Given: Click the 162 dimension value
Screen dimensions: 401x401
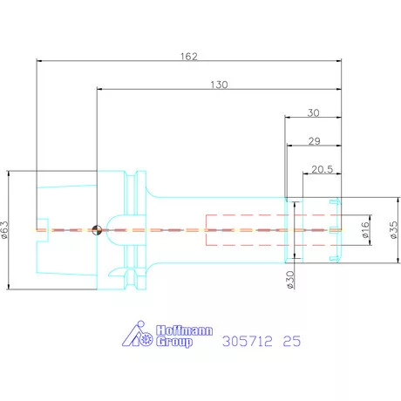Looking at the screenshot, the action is click(189, 56).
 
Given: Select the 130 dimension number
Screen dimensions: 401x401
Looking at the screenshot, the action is click(219, 85).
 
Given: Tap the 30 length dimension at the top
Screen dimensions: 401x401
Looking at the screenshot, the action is click(313, 112).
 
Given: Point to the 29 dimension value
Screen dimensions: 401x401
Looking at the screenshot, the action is click(314, 141).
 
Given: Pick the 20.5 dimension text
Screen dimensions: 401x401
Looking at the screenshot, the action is click(322, 169).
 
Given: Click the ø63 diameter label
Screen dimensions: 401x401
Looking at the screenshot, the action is click(5, 230).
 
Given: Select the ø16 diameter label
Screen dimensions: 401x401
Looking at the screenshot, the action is click(365, 230).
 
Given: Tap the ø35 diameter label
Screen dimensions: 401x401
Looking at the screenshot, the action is click(393, 230).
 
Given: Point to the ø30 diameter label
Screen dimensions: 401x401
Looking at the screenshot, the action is click(290, 280).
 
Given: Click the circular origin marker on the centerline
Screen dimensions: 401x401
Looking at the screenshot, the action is click(97, 230).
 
